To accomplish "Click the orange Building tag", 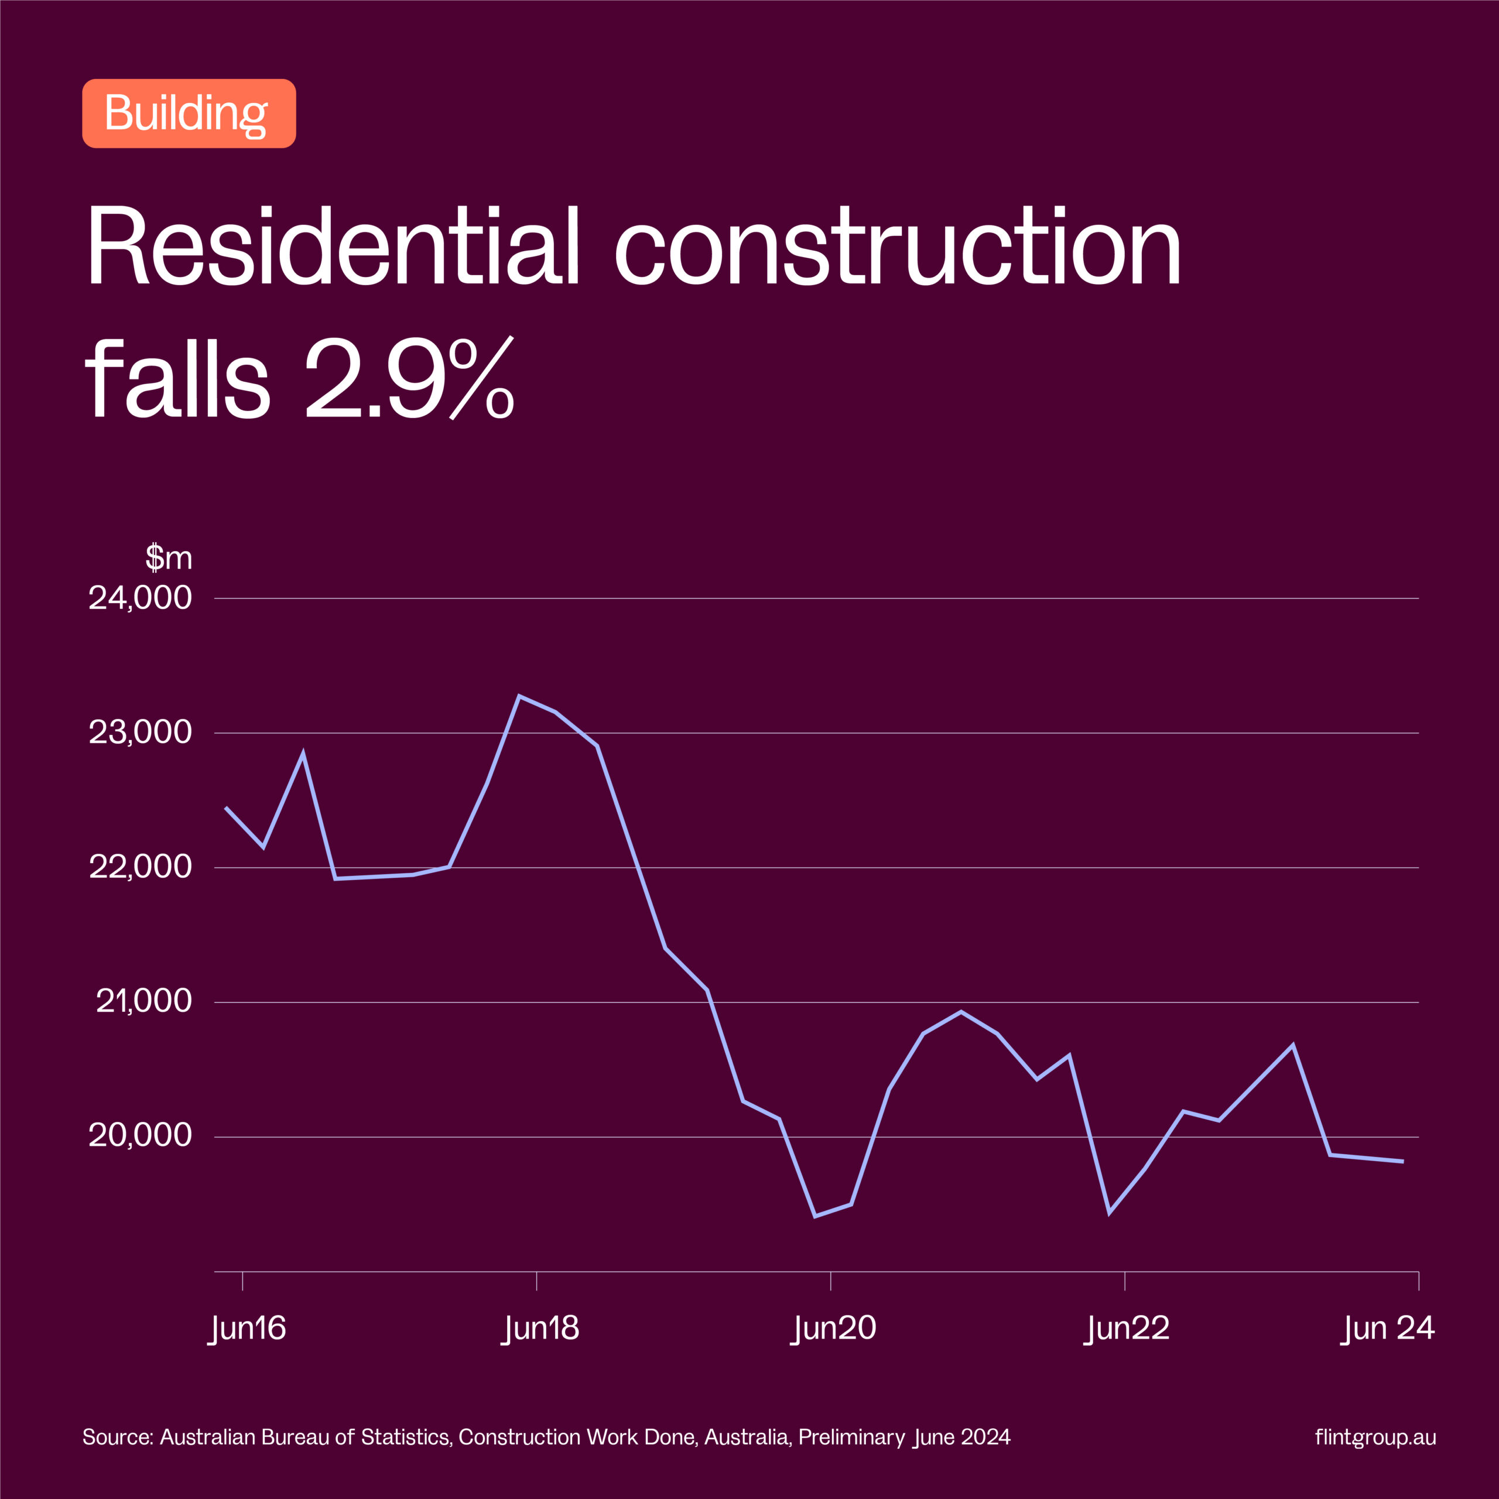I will pyautogui.click(x=189, y=113).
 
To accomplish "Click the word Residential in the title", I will pyautogui.click(x=334, y=247).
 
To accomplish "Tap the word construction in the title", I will pyautogui.click(x=898, y=247).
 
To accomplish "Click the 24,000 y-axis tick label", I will pyautogui.click(x=141, y=598).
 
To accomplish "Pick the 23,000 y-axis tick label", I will pyautogui.click(x=141, y=733).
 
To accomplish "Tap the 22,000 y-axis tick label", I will pyautogui.click(x=141, y=867).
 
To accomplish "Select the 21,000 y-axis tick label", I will pyautogui.click(x=143, y=1002).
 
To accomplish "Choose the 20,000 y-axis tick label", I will pyautogui.click(x=141, y=1136).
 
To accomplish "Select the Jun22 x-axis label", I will pyautogui.click(x=1127, y=1329).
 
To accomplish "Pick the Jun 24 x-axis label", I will pyautogui.click(x=1388, y=1329).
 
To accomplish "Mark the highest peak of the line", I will pyautogui.click(x=519, y=696).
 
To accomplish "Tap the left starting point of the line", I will pyautogui.click(x=226, y=807).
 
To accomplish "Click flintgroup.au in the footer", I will pyautogui.click(x=1375, y=1438).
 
